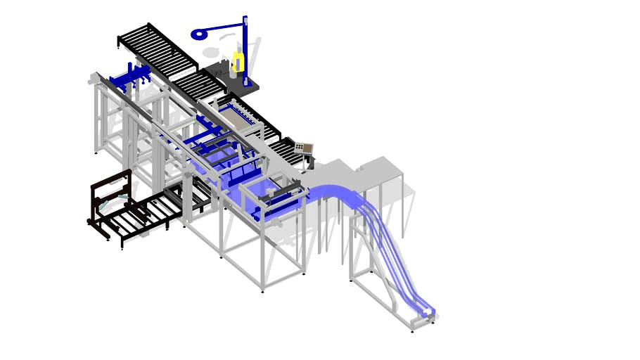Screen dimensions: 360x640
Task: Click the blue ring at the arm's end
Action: (x=198, y=33)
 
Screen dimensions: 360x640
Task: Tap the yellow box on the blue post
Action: (x=238, y=61)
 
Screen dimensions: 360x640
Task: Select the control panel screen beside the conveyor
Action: (x=305, y=148)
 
